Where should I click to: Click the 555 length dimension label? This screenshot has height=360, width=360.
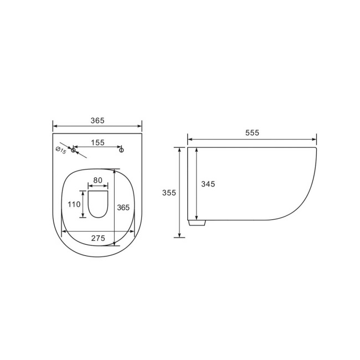251,133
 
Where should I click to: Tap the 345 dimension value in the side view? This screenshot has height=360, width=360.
208,184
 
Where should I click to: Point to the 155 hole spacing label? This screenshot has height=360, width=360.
97,142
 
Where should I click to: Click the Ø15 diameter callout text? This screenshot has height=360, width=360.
60,150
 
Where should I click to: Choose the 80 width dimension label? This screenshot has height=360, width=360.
97,180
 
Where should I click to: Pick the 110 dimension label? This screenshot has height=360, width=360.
74,204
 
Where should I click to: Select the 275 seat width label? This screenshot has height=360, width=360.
97,238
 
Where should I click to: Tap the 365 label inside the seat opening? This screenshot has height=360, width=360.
123,207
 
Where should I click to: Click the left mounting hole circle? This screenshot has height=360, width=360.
73,150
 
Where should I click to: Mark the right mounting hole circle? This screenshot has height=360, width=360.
122,150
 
